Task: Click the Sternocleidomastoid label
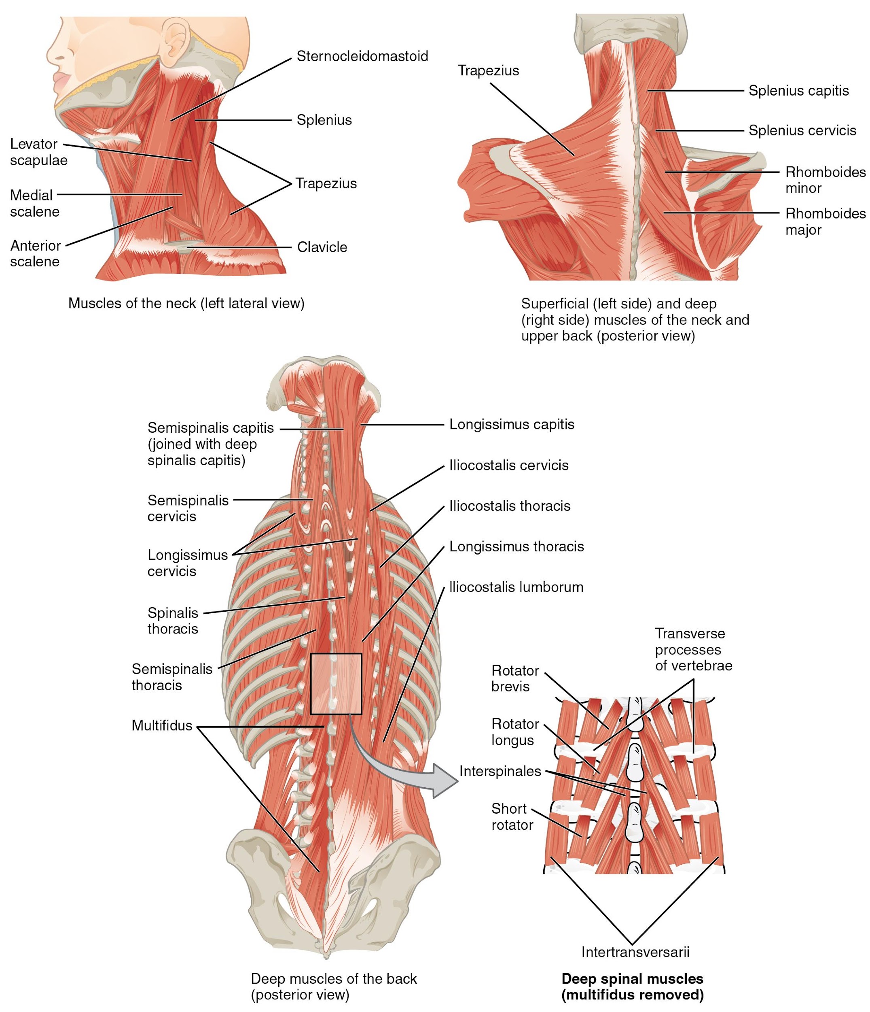[x=362, y=57]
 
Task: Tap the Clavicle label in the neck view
[x=322, y=247]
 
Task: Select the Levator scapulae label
[x=38, y=152]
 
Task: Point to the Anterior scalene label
[x=35, y=253]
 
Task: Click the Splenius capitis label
[x=798, y=91]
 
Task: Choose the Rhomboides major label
[x=825, y=221]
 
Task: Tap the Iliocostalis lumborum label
[x=516, y=587]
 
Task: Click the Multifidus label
[x=162, y=725]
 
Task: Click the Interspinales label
[x=500, y=771]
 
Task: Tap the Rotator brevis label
[x=515, y=678]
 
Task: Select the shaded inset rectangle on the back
[x=336, y=683]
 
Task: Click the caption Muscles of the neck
[x=186, y=303]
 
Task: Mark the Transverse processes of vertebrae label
[x=693, y=649]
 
